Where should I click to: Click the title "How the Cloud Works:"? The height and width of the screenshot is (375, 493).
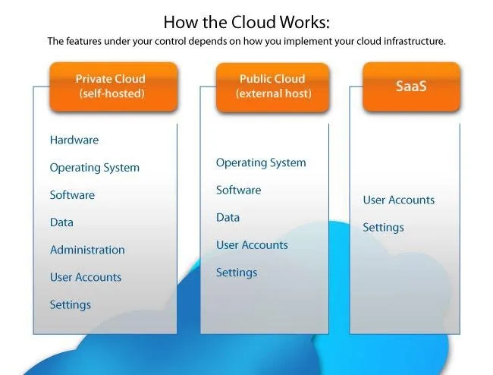tap(246, 20)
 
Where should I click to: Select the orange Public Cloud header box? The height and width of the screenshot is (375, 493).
tap(272, 86)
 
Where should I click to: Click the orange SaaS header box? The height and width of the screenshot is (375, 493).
tap(411, 86)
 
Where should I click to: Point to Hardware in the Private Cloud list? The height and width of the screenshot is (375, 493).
tap(74, 140)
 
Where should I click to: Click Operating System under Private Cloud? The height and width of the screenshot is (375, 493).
tap(95, 168)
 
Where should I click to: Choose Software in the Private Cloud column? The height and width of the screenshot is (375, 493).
tap(73, 195)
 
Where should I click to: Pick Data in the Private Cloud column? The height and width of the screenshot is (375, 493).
tap(62, 222)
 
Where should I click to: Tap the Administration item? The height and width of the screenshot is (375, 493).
tap(87, 250)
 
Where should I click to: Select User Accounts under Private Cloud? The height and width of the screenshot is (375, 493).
tap(86, 277)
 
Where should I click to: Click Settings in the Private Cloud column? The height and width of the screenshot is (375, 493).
tap(71, 304)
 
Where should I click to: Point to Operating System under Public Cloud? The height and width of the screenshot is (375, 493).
tap(261, 162)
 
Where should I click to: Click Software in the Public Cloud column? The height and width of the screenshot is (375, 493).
tap(239, 190)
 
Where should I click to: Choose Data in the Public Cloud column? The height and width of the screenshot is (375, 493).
tap(228, 217)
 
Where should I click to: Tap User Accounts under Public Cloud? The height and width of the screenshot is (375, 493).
tap(252, 244)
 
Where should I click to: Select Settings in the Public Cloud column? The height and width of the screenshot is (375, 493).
tap(237, 272)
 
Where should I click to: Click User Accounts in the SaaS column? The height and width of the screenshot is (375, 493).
tap(399, 200)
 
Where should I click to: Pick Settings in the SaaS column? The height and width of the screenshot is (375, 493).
tap(384, 227)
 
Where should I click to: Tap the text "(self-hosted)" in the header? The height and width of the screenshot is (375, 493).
tap(113, 94)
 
